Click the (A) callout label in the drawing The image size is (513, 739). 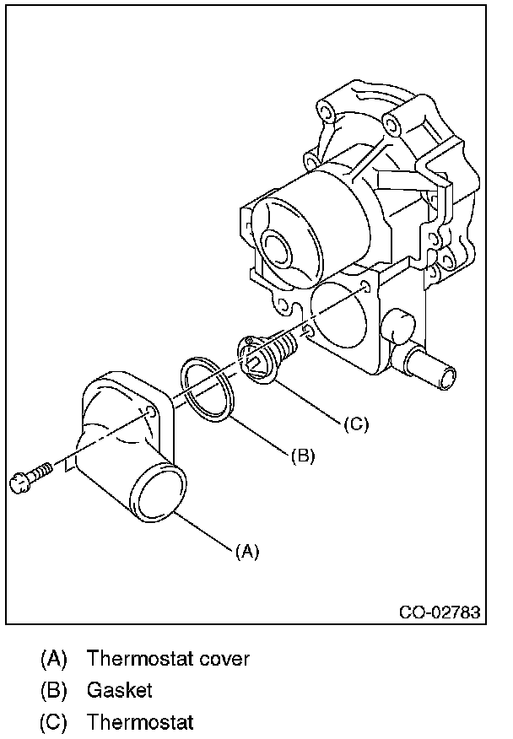[x=246, y=552]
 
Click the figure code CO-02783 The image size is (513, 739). [x=440, y=612]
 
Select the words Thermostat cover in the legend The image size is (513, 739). [x=168, y=658]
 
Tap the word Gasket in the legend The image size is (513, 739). [x=120, y=690]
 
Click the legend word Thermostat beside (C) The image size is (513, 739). [x=140, y=723]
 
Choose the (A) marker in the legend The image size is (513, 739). [x=53, y=658]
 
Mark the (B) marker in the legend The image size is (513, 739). [x=53, y=690]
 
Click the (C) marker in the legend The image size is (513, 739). [x=53, y=723]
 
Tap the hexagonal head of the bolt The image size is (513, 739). [x=19, y=482]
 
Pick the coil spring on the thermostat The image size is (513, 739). [x=287, y=345]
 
